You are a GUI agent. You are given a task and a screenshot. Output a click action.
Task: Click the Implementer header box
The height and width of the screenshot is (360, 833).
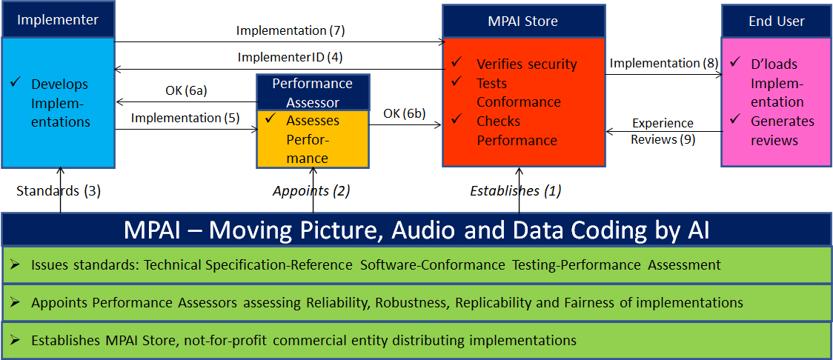58,20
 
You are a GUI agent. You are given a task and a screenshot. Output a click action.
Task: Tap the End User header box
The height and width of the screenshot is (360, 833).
776,21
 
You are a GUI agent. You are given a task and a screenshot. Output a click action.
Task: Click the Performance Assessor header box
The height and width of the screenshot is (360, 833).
312,91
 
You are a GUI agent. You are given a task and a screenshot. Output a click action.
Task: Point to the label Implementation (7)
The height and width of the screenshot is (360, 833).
291,30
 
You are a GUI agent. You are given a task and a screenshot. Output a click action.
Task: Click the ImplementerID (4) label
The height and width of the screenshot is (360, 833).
290,57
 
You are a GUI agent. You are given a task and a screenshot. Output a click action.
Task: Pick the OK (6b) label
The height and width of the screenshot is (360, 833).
405,113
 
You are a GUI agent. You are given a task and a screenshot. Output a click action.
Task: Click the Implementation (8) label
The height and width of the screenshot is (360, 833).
664,64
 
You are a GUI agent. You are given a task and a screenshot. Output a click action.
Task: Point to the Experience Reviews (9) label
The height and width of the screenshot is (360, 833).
663,131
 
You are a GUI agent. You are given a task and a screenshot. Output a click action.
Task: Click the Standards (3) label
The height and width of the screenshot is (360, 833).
59,190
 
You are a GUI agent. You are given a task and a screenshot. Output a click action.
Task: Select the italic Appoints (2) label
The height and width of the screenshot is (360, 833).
311,190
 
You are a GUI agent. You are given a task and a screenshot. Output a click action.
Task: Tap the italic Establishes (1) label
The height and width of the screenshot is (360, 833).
516,190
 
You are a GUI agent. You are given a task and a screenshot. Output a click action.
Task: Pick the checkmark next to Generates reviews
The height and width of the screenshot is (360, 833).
735,119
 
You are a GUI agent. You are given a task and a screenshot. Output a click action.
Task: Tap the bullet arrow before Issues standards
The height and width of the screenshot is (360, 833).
16,264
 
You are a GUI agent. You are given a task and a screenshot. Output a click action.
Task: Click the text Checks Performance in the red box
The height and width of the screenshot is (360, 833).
517,130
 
